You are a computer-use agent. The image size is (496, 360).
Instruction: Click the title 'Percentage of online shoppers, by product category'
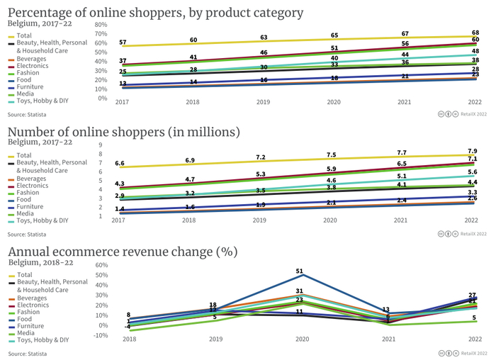[x=155, y=13]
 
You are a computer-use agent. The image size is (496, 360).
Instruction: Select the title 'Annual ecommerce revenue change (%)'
[x=122, y=252]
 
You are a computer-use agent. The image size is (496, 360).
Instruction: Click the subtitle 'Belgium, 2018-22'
[x=40, y=262]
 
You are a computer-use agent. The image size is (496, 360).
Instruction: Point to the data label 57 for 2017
[x=123, y=43]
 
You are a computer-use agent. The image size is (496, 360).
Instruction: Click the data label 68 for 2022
[x=475, y=33]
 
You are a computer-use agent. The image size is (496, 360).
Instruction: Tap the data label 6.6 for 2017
[x=120, y=164]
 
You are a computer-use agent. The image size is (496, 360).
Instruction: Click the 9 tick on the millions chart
[x=101, y=145]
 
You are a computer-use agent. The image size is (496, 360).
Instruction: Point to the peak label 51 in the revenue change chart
[x=299, y=271]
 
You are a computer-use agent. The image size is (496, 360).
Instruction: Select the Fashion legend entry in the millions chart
[x=28, y=192]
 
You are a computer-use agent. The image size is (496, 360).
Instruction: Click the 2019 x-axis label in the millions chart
[x=262, y=221]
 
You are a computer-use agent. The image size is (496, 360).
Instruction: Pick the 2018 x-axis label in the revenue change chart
[x=129, y=339]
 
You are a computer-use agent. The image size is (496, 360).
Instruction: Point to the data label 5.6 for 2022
[x=473, y=173]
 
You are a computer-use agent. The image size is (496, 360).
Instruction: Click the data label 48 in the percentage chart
[x=475, y=52]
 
